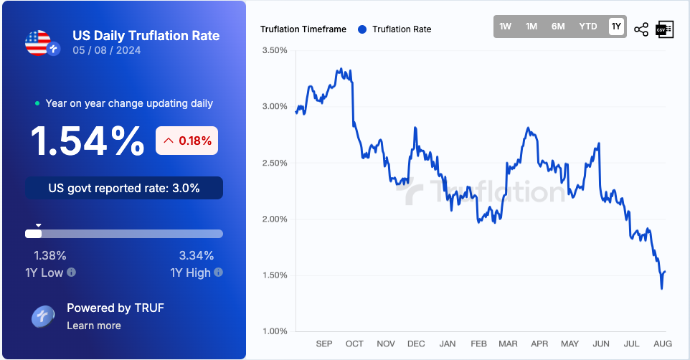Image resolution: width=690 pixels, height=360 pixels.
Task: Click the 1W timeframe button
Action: [506, 27]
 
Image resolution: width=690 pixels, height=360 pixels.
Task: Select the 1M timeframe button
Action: [531, 27]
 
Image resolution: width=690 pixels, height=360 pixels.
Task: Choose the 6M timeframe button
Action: [558, 27]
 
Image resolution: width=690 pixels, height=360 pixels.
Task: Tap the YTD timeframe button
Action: [588, 27]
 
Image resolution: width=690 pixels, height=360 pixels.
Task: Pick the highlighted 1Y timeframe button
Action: [616, 27]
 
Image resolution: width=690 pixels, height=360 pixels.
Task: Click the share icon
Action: [641, 29]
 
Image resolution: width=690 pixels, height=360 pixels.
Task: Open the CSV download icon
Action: [664, 29]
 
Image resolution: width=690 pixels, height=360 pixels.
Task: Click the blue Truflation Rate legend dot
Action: [361, 29]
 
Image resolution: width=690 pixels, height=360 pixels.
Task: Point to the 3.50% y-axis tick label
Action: [275, 51]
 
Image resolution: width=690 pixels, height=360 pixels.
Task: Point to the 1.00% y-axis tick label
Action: [275, 331]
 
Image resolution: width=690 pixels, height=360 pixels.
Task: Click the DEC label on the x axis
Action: [416, 344]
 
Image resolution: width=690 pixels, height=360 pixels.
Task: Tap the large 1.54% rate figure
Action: [87, 141]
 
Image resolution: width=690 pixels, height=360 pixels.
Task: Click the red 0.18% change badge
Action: [187, 141]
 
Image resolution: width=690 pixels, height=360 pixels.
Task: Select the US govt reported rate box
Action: [124, 189]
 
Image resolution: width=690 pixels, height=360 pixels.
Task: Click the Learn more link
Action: [94, 326]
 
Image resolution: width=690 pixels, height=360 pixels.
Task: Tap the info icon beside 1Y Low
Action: [72, 273]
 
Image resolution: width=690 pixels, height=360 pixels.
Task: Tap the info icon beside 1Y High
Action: [218, 273]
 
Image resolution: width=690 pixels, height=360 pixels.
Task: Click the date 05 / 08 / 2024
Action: [107, 50]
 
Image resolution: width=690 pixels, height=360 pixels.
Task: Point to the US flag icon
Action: [37, 43]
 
